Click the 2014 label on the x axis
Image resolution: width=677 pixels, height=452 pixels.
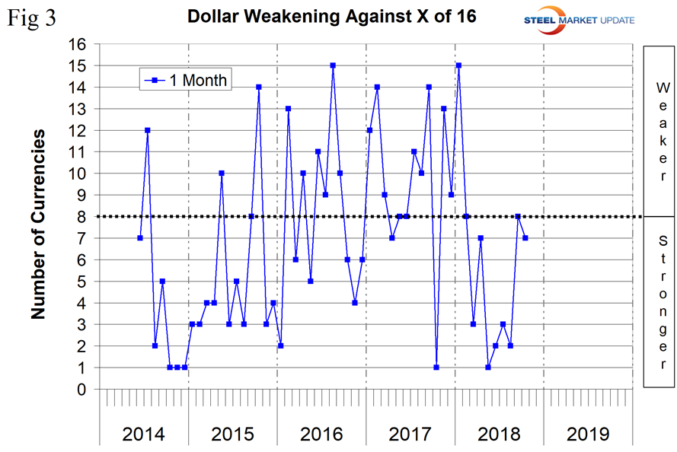tap(144, 434)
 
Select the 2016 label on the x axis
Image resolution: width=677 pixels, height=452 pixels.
tap(321, 434)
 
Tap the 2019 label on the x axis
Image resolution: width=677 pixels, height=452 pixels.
tap(588, 434)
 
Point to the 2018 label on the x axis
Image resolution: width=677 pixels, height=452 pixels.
tap(499, 434)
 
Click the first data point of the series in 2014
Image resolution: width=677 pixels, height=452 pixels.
tap(140, 238)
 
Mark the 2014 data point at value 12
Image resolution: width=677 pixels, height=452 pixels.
tap(147, 130)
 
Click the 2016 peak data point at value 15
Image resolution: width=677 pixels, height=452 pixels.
tap(333, 65)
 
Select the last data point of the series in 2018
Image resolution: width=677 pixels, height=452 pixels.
tap(525, 238)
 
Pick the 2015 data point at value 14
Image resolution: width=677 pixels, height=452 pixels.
tap(259, 87)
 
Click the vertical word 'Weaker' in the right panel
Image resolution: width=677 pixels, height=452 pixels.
tap(662, 132)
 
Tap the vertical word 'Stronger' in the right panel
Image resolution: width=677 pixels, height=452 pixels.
tap(662, 301)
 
